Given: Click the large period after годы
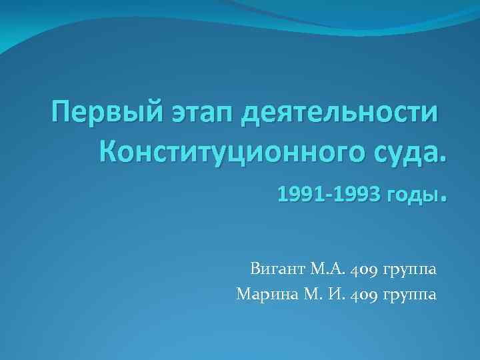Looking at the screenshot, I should click(441, 199).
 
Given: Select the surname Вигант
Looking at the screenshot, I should click(278, 270).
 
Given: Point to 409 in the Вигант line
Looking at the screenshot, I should click(366, 270).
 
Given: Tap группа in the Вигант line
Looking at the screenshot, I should click(411, 271).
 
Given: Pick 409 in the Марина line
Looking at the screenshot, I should click(366, 294).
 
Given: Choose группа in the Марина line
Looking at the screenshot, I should click(411, 295).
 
